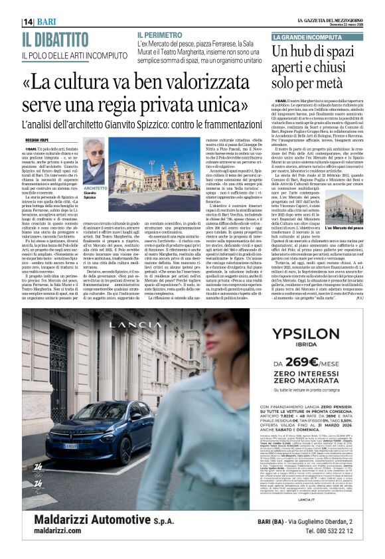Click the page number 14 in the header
[x=28, y=21]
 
